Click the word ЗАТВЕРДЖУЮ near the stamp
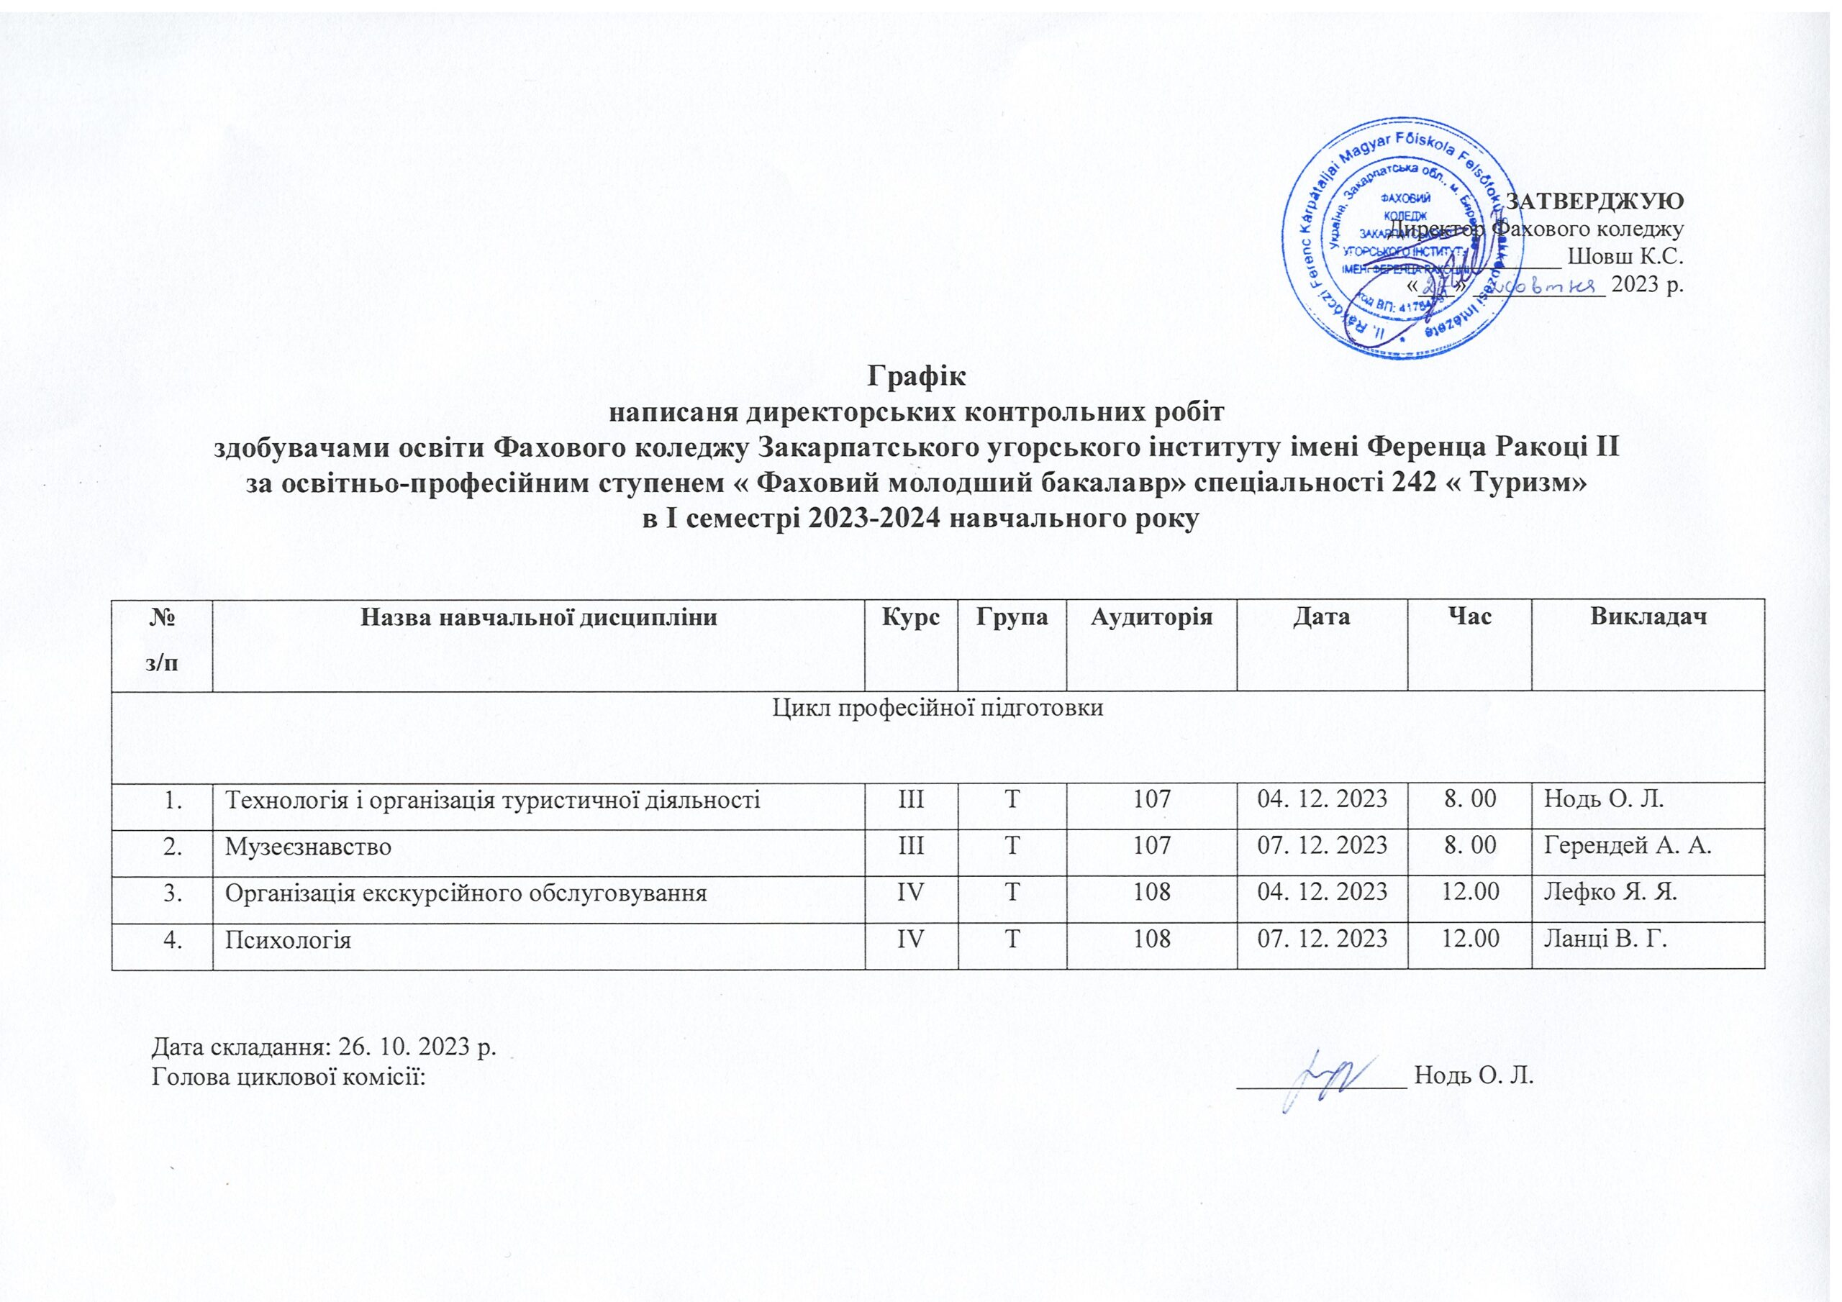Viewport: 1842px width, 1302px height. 1595,201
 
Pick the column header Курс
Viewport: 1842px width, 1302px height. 911,618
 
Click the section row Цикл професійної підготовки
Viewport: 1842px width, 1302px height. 937,708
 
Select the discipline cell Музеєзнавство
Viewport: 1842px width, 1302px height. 308,847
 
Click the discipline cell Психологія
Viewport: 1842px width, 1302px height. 288,939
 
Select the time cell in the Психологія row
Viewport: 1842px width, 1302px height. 1471,939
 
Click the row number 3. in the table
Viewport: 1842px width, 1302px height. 173,893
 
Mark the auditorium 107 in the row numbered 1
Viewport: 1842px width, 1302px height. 1152,800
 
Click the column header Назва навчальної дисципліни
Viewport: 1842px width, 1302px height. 538,618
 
